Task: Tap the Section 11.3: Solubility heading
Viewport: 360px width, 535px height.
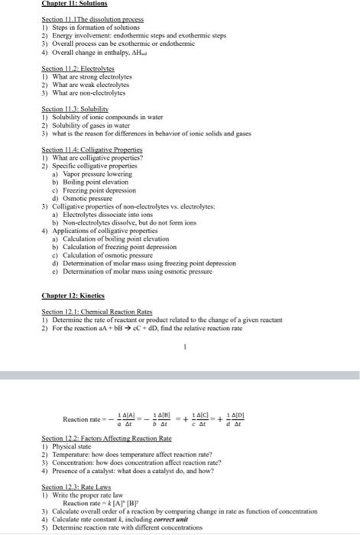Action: click(x=73, y=109)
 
